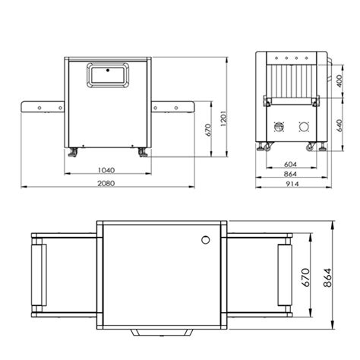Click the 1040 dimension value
tap(106, 170)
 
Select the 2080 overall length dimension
tap(106, 183)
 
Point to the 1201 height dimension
tap(224, 118)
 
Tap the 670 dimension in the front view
tap(208, 130)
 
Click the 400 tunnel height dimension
tap(339, 81)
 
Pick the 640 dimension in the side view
tap(339, 125)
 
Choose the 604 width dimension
tap(290, 165)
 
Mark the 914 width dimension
tap(292, 184)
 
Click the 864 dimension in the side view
tap(290, 174)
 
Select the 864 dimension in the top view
tap(327, 277)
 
